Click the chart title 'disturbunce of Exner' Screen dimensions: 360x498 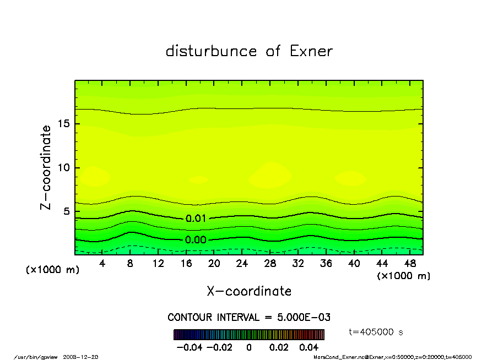click(x=249, y=51)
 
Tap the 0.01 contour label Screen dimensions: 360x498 click(x=196, y=219)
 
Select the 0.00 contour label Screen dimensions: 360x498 click(x=196, y=240)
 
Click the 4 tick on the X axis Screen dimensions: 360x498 click(x=102, y=263)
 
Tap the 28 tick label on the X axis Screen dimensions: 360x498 click(x=270, y=263)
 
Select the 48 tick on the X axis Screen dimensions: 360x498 click(x=409, y=263)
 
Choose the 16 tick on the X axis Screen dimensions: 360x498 click(x=186, y=263)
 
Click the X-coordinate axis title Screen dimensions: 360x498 click(x=249, y=291)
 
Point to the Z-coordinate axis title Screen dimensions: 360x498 click(x=46, y=167)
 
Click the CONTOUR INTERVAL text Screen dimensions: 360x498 click(x=249, y=318)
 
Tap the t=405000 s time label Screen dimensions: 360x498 click(x=377, y=332)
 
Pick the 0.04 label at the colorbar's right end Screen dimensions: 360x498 click(x=309, y=348)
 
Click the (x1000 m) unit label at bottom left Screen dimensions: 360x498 click(x=50, y=271)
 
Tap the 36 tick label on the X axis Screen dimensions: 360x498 click(x=326, y=263)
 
